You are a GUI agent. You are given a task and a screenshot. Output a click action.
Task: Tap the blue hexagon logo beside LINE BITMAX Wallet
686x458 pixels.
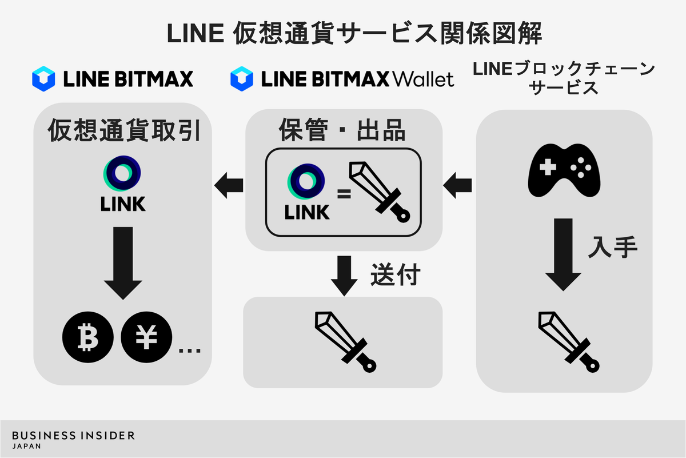(x=241, y=79)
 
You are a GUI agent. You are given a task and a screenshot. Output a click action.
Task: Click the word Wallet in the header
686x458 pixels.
(x=424, y=79)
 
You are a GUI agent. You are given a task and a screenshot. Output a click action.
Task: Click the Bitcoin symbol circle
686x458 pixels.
(x=87, y=339)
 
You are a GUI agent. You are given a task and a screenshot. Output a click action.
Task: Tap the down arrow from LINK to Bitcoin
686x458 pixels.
(x=123, y=262)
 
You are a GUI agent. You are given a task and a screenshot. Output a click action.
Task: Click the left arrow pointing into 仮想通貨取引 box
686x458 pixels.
(x=229, y=184)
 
